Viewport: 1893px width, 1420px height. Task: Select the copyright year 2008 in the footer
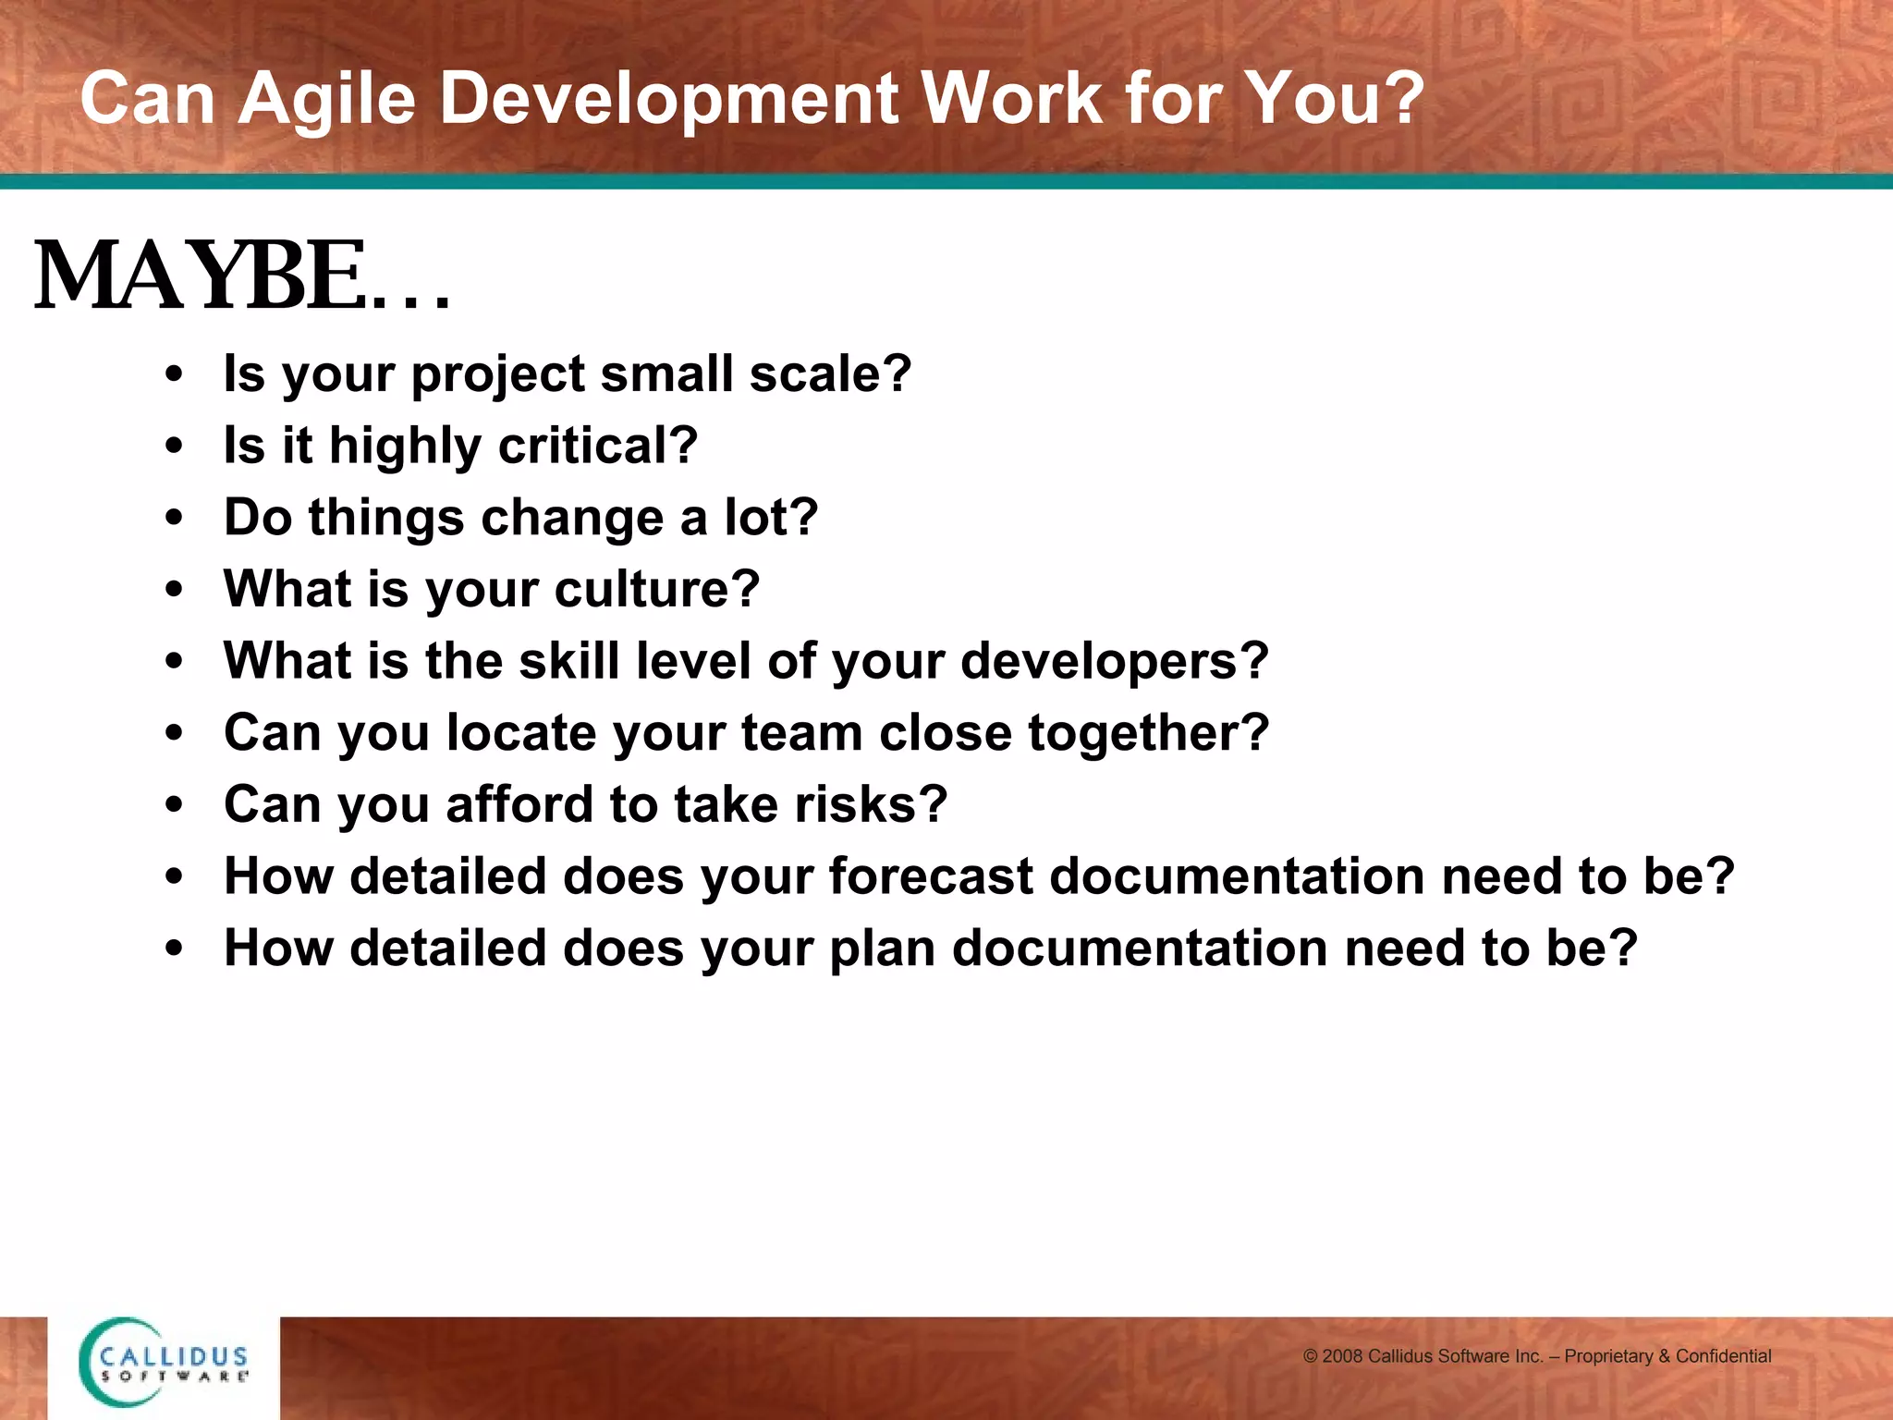coord(1342,1356)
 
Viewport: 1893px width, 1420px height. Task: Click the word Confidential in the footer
coord(1723,1356)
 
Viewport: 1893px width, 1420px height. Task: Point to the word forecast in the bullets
coord(930,876)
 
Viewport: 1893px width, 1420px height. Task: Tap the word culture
coord(656,589)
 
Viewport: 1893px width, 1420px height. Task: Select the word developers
coord(1114,661)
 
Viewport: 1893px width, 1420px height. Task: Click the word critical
coord(597,446)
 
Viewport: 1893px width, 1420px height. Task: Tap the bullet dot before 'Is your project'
coord(174,375)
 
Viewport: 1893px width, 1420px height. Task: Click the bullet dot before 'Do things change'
coord(174,519)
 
